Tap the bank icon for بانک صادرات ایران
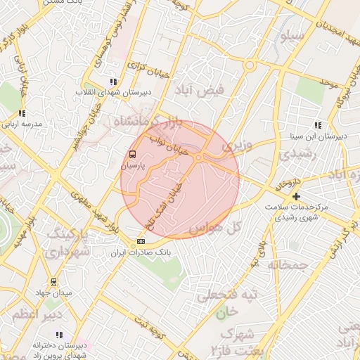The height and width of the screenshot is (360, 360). pyautogui.click(x=140, y=241)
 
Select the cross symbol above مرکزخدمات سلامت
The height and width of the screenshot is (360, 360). pyautogui.click(x=297, y=196)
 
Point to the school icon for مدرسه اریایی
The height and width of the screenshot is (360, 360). pyautogui.click(x=22, y=112)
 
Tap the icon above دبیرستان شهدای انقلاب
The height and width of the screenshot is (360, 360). pyautogui.click(x=112, y=82)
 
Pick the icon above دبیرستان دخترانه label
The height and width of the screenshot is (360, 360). pyautogui.click(x=60, y=335)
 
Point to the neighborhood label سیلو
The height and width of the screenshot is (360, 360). pyautogui.click(x=292, y=34)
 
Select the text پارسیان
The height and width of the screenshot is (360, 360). pyautogui.click(x=132, y=167)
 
